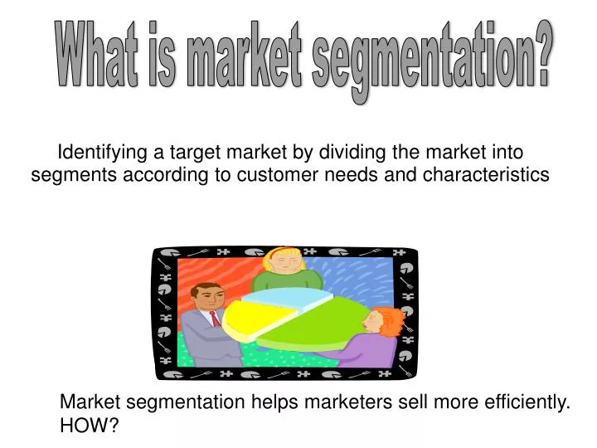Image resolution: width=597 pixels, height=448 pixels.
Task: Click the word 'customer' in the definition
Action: (274, 175)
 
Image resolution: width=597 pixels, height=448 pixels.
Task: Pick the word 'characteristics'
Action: (486, 175)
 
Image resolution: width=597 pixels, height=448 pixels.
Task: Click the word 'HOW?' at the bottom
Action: (90, 426)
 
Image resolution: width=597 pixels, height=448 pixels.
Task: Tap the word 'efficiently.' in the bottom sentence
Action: (522, 403)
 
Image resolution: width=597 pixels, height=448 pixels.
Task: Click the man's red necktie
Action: (215, 319)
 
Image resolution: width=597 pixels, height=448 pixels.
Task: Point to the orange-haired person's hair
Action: (386, 320)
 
